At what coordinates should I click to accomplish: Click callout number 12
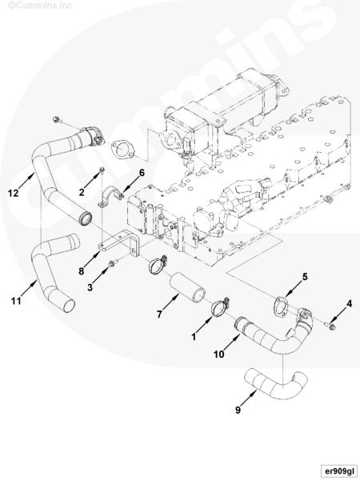point(14,193)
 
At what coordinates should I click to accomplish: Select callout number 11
point(16,301)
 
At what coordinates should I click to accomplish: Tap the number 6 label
point(142,173)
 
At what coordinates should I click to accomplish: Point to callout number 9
point(238,410)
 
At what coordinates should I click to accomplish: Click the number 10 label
point(219,354)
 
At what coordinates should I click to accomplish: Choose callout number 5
point(305,277)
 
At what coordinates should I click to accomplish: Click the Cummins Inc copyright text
point(40,6)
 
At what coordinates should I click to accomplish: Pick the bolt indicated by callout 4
point(330,326)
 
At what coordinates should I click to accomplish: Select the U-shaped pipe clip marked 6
point(111,198)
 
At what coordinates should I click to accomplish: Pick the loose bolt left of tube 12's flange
point(56,119)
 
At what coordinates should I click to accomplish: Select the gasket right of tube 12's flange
point(122,150)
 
